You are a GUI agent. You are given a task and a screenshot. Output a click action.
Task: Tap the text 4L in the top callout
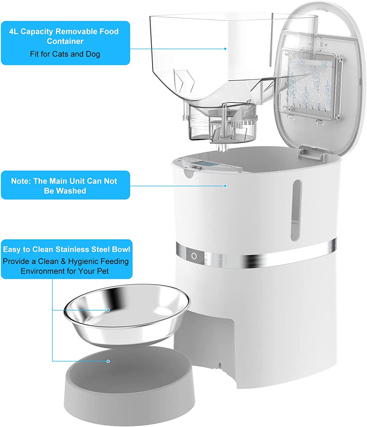[14, 31]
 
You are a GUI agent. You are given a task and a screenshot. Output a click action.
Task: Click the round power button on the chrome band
[194, 256]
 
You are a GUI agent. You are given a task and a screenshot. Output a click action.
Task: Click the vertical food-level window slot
[295, 210]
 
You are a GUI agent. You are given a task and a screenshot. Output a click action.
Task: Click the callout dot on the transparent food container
[225, 49]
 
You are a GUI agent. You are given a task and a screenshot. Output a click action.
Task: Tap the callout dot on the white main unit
[225, 186]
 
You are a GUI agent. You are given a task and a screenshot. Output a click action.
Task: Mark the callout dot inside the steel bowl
[108, 310]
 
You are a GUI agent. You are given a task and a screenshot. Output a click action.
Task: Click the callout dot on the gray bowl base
[108, 361]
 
